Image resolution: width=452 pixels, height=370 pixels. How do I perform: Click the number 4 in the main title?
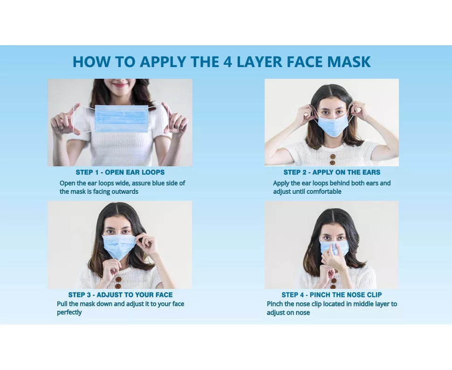click(227, 62)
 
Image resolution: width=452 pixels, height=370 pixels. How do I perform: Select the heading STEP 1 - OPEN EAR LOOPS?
click(120, 172)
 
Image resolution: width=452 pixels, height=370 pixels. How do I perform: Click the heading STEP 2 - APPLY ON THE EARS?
click(332, 172)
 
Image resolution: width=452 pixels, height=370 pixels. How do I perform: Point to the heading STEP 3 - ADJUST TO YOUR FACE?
click(121, 295)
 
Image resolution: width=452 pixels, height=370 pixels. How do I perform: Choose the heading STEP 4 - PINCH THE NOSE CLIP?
click(332, 295)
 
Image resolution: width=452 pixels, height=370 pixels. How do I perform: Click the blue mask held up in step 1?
click(122, 118)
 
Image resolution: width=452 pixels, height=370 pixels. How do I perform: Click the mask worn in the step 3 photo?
click(119, 247)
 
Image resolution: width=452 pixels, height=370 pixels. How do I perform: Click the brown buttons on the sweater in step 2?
click(332, 159)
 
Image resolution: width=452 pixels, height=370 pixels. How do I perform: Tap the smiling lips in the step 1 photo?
click(119, 85)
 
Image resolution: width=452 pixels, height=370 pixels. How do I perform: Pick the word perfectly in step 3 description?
click(69, 313)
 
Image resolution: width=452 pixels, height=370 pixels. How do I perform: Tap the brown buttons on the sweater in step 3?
click(118, 282)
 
